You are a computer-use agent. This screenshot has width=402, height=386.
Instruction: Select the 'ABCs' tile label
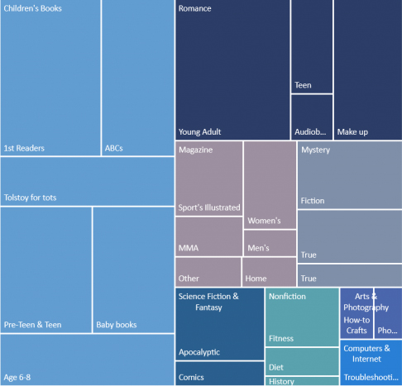pos(114,149)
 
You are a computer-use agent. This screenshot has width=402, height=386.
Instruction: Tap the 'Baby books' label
pos(116,325)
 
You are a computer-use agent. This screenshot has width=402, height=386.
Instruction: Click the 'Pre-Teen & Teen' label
pos(32,325)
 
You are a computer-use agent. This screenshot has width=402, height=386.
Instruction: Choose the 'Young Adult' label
pos(199,132)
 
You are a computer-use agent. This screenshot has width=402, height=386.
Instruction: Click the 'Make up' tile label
pos(352,132)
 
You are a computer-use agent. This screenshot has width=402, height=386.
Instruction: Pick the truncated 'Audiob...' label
pos(310,132)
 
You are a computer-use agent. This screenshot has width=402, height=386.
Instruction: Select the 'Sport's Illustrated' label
pos(209,207)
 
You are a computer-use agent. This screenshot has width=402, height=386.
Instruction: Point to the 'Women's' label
pos(264,221)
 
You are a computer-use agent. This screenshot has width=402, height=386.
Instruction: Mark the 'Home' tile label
pos(256,279)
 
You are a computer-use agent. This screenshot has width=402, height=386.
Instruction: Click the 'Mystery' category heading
pos(315,150)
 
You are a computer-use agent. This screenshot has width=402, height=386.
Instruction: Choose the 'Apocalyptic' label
pos(199,352)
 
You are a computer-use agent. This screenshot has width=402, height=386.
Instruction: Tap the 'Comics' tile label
pos(191,378)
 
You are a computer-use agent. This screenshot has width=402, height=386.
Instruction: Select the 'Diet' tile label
pos(275,368)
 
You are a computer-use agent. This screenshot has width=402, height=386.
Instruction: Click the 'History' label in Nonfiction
pos(281,381)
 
